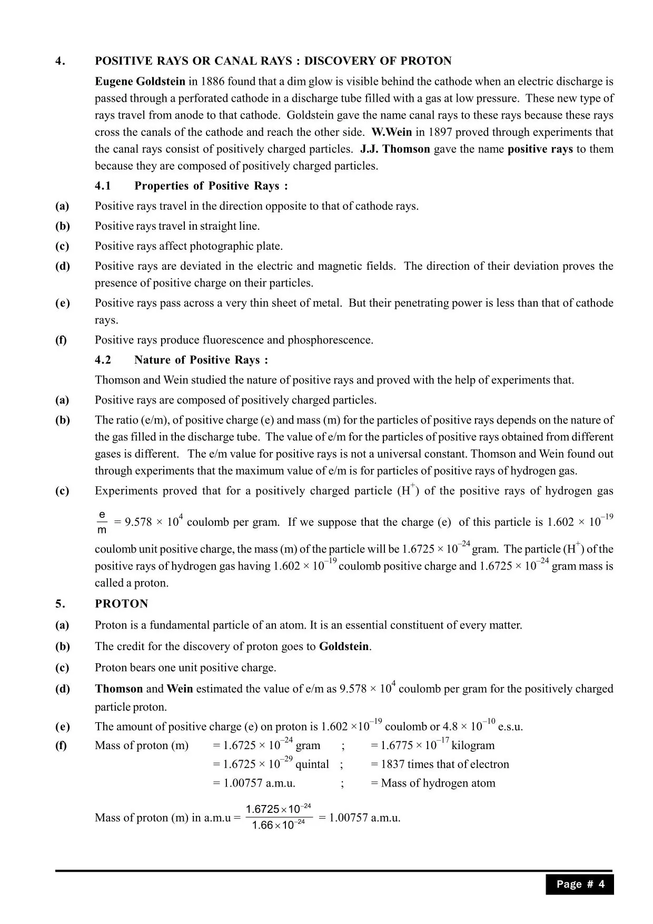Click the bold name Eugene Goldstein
point(140,82)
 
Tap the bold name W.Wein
point(392,132)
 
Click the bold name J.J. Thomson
point(395,149)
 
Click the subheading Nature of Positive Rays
point(201,360)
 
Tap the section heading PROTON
point(122,604)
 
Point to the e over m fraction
point(102,522)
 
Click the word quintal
point(312,764)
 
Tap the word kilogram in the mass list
point(473,745)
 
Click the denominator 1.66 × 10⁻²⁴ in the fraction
point(278,825)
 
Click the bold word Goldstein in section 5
point(344,647)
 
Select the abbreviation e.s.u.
point(510,727)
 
